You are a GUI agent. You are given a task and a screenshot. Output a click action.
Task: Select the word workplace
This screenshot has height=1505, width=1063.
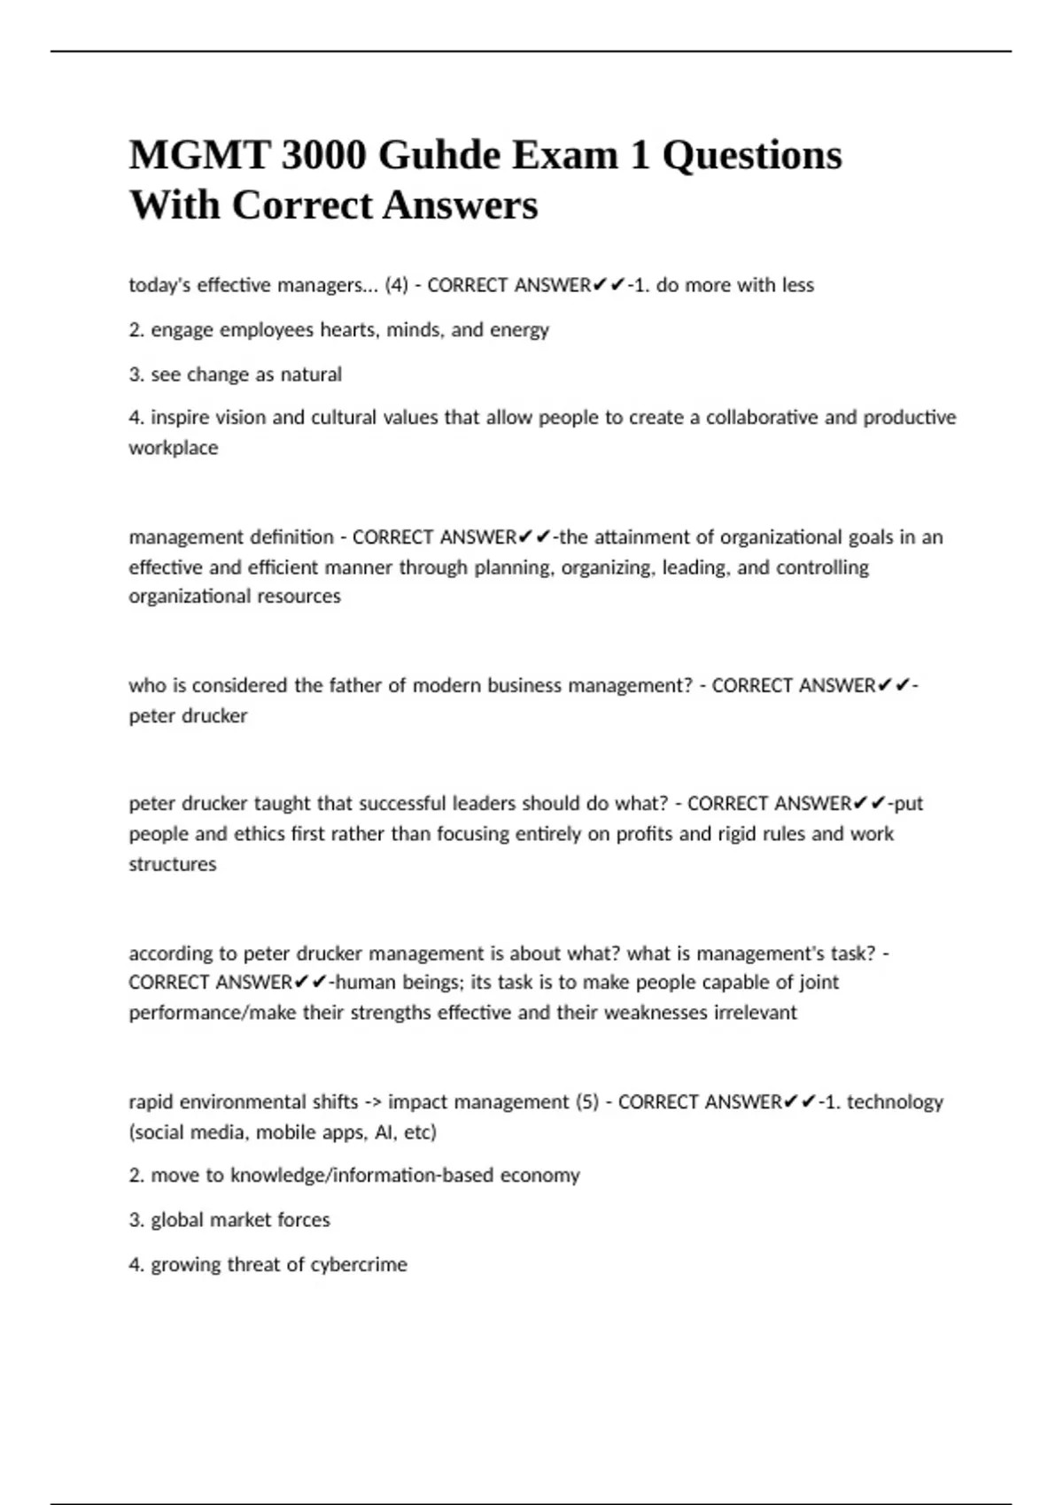(x=173, y=448)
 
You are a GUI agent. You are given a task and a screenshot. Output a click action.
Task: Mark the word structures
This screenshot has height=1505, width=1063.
(x=172, y=864)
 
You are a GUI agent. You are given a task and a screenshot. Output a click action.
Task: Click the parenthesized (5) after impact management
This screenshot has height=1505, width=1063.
(x=587, y=1102)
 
